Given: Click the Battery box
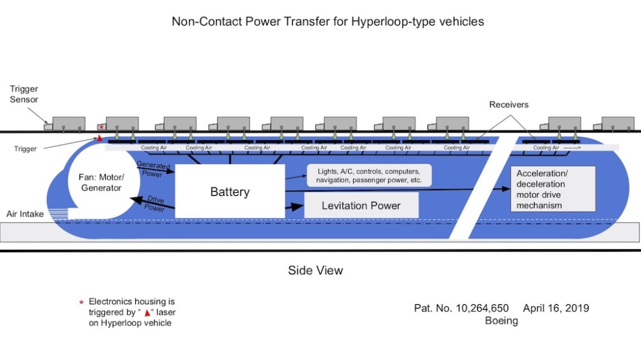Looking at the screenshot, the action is click(x=229, y=192).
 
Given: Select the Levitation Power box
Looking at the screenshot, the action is click(x=362, y=205).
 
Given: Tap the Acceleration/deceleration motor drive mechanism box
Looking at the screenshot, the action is click(x=553, y=189).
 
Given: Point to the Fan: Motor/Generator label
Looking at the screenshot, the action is click(x=101, y=183).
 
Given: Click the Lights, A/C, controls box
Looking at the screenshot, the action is click(x=369, y=176).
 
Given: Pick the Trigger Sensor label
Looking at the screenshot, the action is click(x=24, y=94).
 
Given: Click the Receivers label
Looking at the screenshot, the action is click(x=508, y=104).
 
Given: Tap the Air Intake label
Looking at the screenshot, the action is click(x=25, y=214).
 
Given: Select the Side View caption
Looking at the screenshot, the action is click(x=315, y=270).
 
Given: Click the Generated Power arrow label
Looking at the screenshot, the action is click(x=153, y=168).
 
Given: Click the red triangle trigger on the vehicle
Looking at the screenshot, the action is click(x=99, y=138).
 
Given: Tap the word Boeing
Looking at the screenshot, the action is click(x=501, y=321).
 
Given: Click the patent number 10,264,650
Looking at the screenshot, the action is click(x=482, y=308).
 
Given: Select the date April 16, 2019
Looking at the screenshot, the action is click(x=556, y=308).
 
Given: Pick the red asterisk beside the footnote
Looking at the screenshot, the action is click(x=81, y=302).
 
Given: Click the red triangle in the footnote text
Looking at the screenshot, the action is click(x=147, y=313).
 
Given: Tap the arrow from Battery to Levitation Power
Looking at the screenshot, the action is click(x=294, y=207).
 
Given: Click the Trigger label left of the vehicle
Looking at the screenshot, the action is click(x=26, y=149).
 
